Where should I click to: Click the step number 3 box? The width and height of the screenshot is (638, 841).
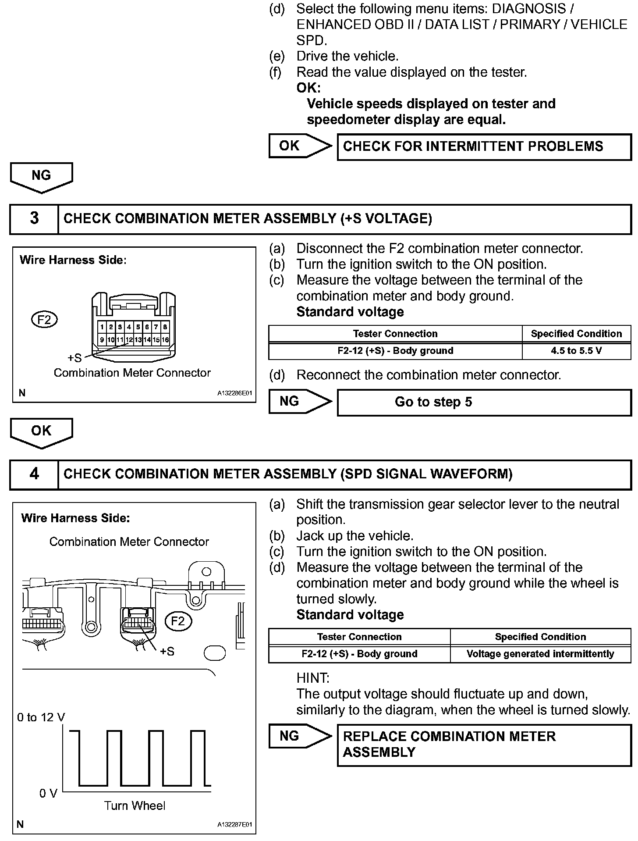coord(34,218)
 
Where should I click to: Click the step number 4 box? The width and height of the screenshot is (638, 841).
coord(34,474)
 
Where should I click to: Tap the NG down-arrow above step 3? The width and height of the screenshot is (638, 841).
coord(41,176)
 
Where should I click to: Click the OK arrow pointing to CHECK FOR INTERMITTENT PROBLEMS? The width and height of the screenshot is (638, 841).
coord(300,146)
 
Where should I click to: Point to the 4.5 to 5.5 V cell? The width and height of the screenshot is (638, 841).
coord(576,351)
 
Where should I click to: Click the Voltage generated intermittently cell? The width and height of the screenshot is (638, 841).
coord(540,654)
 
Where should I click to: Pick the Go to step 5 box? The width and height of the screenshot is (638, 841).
coord(484,402)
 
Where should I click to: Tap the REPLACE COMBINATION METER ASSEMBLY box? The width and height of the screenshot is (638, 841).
coord(484,745)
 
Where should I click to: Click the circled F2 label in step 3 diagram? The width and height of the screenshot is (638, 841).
coord(44,320)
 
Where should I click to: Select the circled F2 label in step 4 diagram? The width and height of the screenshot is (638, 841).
coord(178,621)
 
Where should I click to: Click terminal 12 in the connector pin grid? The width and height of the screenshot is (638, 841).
coord(129,340)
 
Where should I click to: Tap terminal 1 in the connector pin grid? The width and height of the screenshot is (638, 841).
coord(102,327)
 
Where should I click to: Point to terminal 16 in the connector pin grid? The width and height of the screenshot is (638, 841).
coord(165,340)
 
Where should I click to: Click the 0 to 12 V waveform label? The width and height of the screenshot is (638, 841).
coord(41,718)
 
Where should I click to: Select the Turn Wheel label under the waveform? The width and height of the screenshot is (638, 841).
coord(135,805)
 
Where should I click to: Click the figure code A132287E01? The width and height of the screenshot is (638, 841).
coord(235,825)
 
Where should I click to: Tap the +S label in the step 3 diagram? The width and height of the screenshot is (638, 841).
coord(74,358)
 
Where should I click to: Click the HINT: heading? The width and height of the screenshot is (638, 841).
coord(313,678)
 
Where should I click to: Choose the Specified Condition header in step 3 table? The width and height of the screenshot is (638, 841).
coord(576,334)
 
